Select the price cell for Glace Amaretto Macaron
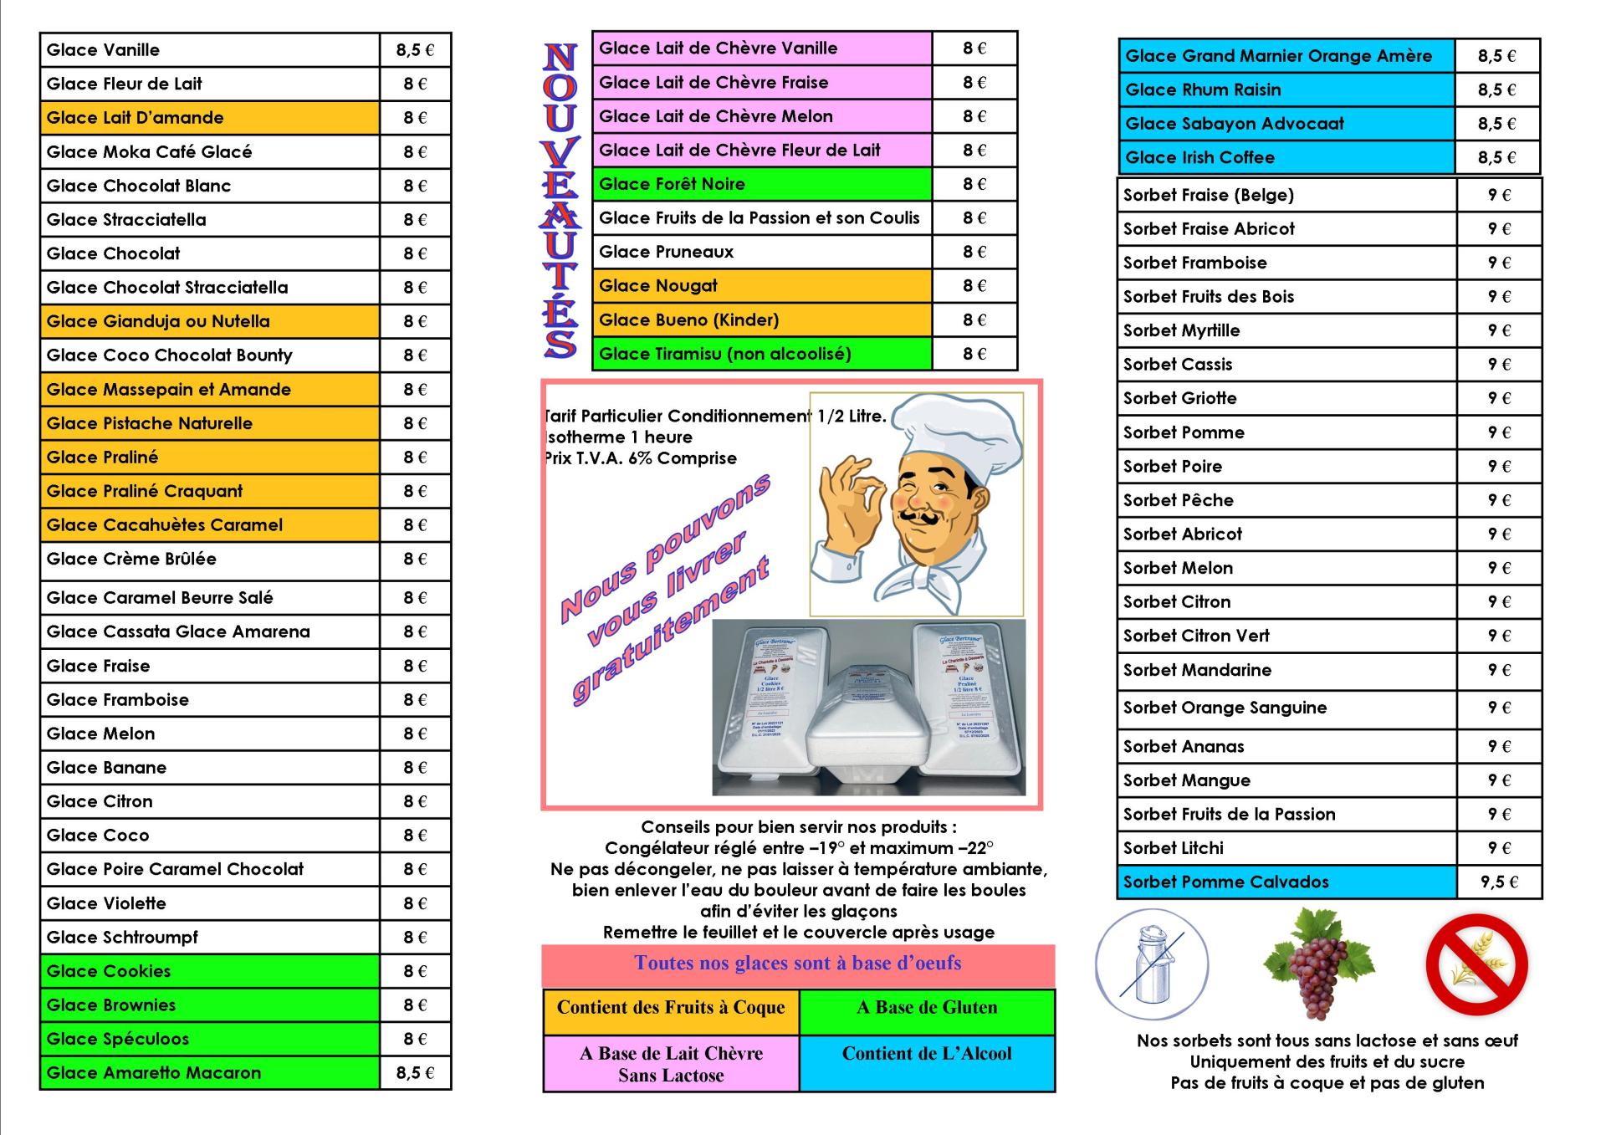point(415,1073)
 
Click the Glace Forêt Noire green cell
point(761,184)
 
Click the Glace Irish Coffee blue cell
point(1286,157)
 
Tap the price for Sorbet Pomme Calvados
point(1499,882)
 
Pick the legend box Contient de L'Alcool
point(927,1063)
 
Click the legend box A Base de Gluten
point(927,1008)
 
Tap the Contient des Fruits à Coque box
point(671,1008)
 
